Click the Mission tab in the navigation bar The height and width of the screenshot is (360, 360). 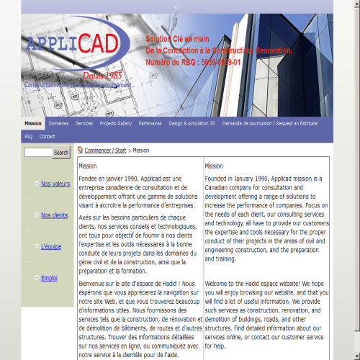point(33,123)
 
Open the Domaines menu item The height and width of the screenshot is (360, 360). point(59,123)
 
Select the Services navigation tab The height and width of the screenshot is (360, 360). point(84,123)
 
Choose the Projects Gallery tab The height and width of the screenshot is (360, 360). point(116,123)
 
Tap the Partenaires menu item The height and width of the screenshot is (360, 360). point(150,123)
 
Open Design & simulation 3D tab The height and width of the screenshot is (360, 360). point(192,123)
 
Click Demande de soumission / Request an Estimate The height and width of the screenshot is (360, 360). point(270,123)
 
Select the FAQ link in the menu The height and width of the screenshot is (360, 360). point(29,136)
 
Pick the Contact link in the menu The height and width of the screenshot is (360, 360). point(48,136)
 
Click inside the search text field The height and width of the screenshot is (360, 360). point(37,153)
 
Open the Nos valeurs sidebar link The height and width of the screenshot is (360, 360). point(55,184)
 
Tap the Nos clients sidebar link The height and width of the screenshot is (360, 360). point(54,215)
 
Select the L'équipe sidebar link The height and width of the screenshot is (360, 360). point(51,246)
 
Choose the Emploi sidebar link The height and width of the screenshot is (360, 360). point(49,278)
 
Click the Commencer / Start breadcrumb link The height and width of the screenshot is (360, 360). point(105,150)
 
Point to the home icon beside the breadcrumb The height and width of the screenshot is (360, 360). point(80,150)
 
